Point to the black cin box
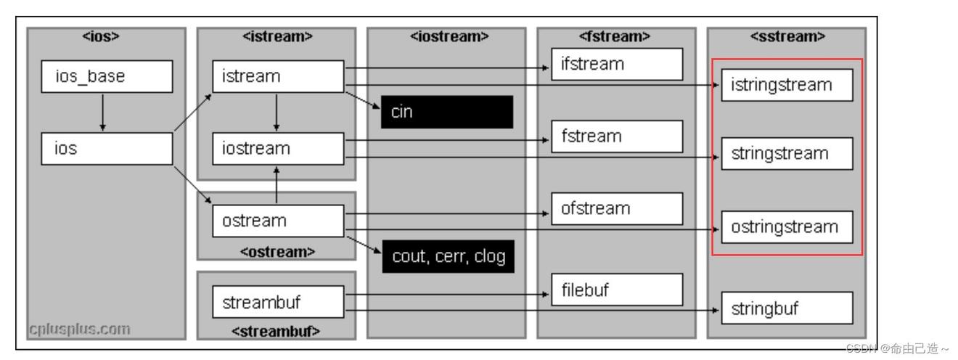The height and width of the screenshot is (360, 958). [447, 112]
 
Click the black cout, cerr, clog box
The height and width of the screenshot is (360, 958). [447, 257]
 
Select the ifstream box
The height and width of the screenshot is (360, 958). [617, 64]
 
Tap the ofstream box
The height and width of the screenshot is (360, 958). [617, 208]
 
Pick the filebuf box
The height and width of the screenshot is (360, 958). [617, 290]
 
